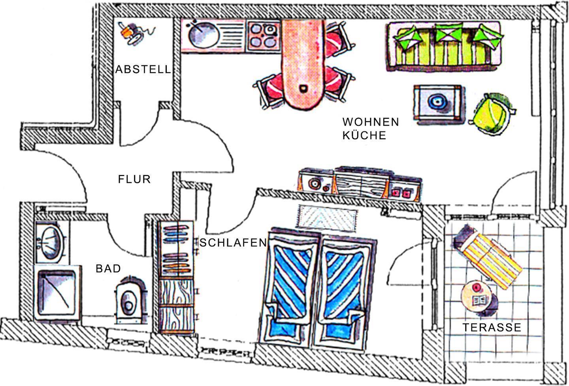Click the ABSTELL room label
(x=143, y=69)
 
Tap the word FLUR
(x=134, y=179)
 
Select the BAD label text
(x=108, y=269)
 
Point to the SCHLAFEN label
(x=233, y=242)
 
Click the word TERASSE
(x=492, y=327)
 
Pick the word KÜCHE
(x=364, y=135)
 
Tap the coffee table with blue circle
(x=437, y=104)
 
